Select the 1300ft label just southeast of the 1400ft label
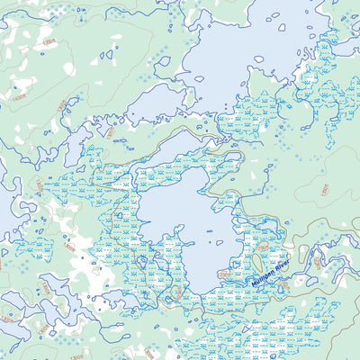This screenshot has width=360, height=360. coord(60,107)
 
